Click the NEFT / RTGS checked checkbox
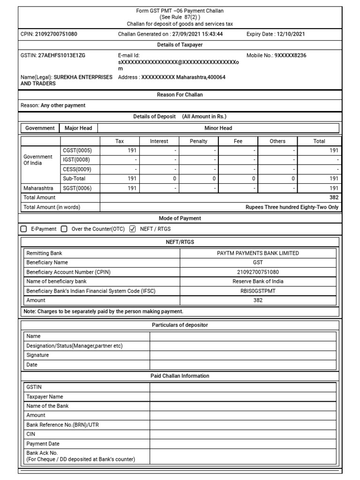[132, 229]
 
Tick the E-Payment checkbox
[24, 229]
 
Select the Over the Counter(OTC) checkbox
[64, 229]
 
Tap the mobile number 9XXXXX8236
[290, 55]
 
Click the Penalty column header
[199, 141]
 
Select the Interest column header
[159, 141]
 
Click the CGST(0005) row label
[77, 150]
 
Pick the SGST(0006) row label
[77, 188]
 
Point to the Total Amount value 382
[334, 198]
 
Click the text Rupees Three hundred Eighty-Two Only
[292, 207]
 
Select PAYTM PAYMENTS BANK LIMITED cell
[258, 253]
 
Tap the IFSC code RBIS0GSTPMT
[258, 291]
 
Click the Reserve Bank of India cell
[258, 281]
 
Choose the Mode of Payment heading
[180, 218]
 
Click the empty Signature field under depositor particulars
[242, 355]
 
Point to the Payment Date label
[43, 443]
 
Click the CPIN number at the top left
[56, 34]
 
